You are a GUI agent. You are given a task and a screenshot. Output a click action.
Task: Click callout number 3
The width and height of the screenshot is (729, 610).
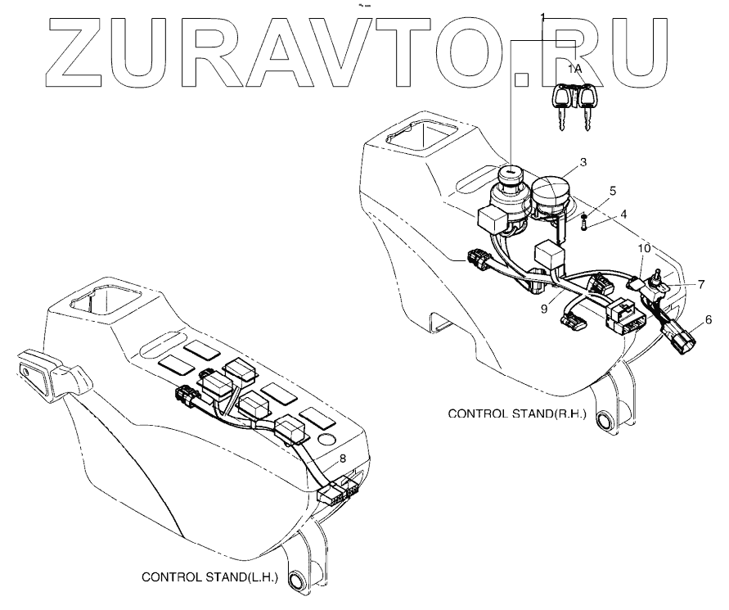pos(582,163)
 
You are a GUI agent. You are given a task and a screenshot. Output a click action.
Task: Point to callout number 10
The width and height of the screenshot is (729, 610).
pos(644,247)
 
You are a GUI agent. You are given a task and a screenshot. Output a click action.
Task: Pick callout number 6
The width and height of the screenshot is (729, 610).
pos(708,319)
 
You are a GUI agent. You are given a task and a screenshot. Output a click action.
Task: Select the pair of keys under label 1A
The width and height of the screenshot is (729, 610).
pos(576,106)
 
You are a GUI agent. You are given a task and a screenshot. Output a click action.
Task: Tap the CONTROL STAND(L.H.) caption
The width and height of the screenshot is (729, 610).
pos(210,576)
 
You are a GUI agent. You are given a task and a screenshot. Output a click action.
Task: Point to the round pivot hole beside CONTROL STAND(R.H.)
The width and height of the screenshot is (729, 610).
pos(606,422)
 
